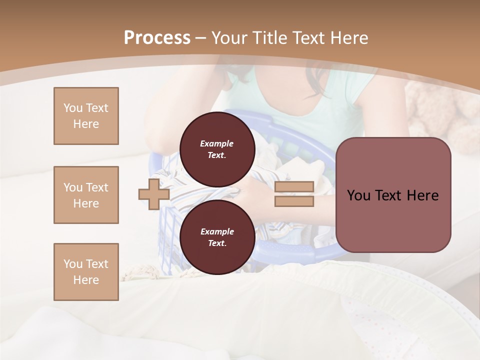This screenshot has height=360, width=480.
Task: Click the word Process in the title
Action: (157, 38)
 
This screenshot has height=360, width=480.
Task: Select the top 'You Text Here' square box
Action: (86, 116)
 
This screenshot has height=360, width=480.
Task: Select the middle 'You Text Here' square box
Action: (86, 195)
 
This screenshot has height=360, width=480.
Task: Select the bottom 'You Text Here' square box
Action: (86, 272)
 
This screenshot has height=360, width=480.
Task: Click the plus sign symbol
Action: (154, 194)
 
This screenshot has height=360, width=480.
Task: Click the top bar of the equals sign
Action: (294, 187)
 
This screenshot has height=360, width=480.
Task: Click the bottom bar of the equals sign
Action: (294, 201)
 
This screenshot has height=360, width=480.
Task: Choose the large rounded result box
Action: (393, 195)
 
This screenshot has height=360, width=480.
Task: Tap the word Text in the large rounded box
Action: (390, 195)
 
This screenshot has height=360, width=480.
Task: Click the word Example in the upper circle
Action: (217, 143)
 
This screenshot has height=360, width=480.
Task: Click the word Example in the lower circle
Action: (217, 231)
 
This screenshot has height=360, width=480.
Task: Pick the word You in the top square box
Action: (72, 108)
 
